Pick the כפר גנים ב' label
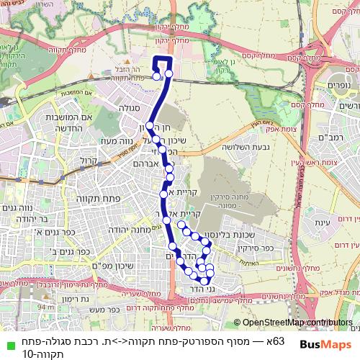51,253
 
